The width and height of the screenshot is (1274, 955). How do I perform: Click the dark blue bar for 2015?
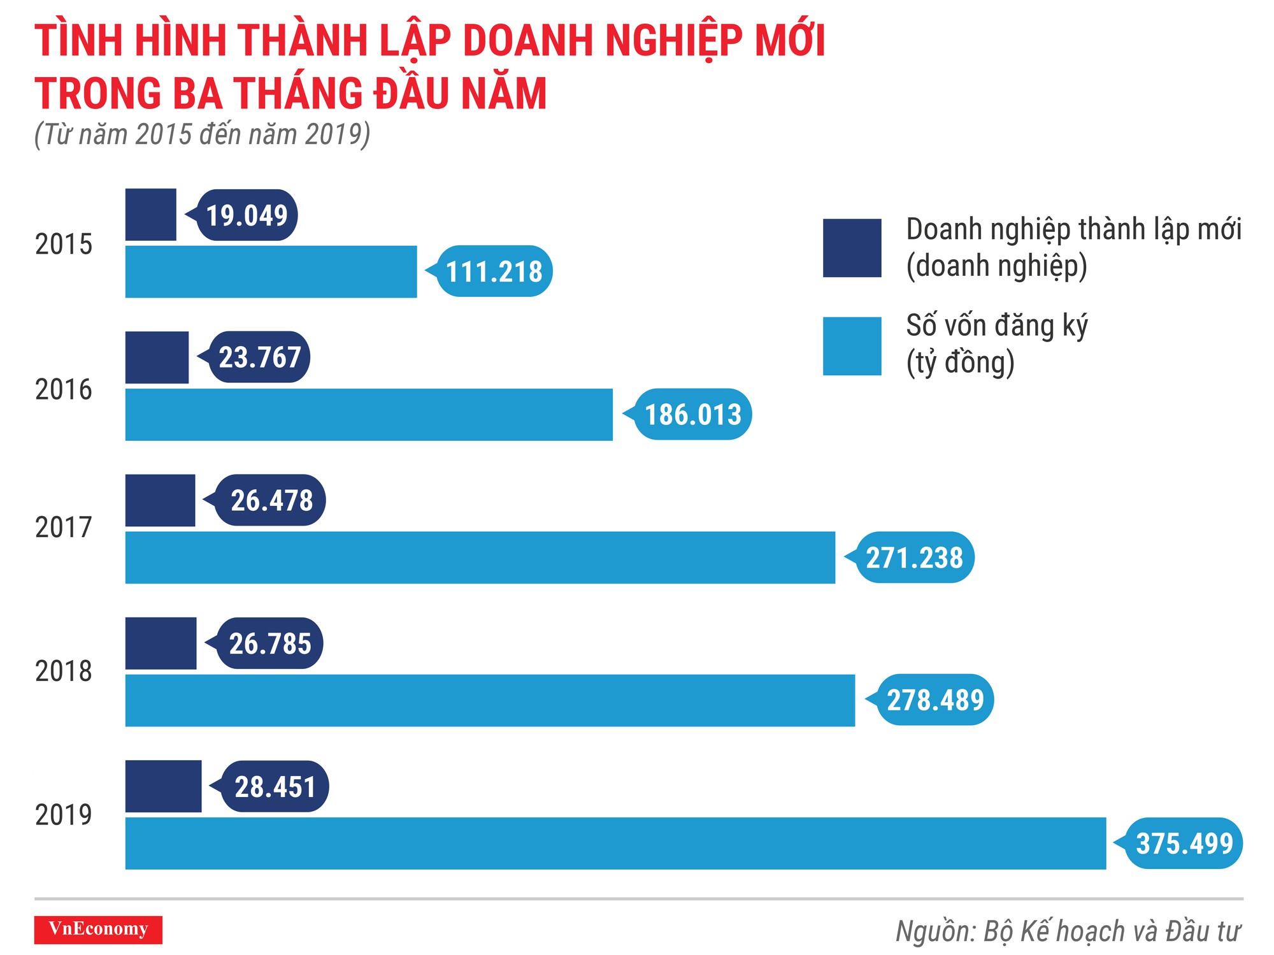click(x=150, y=215)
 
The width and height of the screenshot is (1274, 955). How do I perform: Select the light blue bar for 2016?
click(x=369, y=414)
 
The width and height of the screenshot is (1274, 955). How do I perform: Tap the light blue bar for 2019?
click(x=615, y=843)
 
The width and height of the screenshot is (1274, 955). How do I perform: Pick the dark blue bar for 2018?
click(x=161, y=643)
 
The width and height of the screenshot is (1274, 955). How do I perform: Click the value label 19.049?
click(x=247, y=215)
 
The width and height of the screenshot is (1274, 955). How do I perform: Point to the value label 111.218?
click(x=494, y=271)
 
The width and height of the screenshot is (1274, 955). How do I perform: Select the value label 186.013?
click(x=693, y=414)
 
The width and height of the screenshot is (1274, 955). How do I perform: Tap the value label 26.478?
click(x=271, y=500)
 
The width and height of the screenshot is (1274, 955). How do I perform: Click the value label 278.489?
click(x=935, y=700)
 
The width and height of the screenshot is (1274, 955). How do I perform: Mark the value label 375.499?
click(x=1184, y=843)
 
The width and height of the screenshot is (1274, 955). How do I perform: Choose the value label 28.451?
click(x=275, y=786)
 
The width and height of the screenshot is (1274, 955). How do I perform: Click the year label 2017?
click(x=64, y=528)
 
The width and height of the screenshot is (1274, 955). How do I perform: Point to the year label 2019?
click(x=64, y=815)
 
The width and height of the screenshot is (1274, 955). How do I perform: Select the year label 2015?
click(x=64, y=245)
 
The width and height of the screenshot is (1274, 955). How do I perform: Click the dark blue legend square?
click(x=852, y=248)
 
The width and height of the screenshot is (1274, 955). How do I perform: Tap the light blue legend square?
click(x=852, y=346)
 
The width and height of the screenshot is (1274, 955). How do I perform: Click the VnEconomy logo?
click(x=98, y=929)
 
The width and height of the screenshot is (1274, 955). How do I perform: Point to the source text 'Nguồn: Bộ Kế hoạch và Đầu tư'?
click(x=1068, y=931)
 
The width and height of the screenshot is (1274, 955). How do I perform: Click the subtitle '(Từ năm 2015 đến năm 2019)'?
click(x=203, y=134)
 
